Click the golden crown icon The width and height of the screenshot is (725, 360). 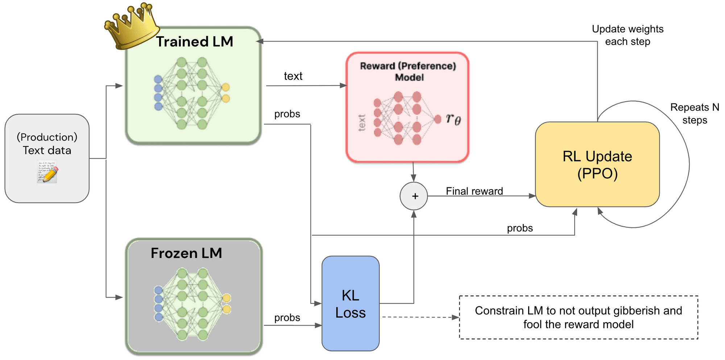pyautogui.click(x=132, y=26)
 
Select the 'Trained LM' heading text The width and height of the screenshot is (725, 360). pyautogui.click(x=195, y=42)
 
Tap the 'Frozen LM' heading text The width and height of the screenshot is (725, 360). pyautogui.click(x=186, y=253)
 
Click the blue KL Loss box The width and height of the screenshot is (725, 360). pyautogui.click(x=350, y=304)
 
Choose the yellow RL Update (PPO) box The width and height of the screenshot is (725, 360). pyautogui.click(x=597, y=164)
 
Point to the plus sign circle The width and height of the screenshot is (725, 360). pyautogui.click(x=414, y=196)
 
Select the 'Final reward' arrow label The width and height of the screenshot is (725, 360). pyautogui.click(x=474, y=191)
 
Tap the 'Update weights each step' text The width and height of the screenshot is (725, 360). pyautogui.click(x=627, y=35)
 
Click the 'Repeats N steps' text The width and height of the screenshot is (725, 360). pyautogui.click(x=695, y=113)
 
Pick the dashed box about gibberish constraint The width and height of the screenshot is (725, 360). pyautogui.click(x=578, y=317)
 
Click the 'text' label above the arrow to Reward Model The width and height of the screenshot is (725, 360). pyautogui.click(x=293, y=76)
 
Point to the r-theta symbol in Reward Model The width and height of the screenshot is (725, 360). pyautogui.click(x=453, y=119)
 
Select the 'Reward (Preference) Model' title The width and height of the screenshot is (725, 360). pyautogui.click(x=408, y=71)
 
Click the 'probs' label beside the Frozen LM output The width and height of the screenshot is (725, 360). pyautogui.click(x=287, y=318)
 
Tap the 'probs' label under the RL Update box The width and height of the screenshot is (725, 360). pyautogui.click(x=519, y=228)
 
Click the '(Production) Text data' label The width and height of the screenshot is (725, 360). pyautogui.click(x=47, y=144)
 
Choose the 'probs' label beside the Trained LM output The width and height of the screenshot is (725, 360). pyautogui.click(x=287, y=114)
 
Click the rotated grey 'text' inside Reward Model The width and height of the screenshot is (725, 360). pyautogui.click(x=362, y=123)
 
